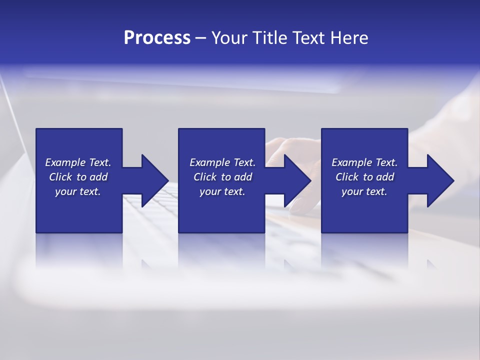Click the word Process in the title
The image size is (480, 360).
[157, 38]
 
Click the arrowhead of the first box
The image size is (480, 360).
[155, 180]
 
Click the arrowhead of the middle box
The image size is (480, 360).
[297, 180]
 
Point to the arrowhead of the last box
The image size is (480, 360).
[440, 180]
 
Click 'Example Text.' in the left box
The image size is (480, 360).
[78, 162]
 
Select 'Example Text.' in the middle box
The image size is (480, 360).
[222, 162]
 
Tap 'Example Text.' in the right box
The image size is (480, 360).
[364, 162]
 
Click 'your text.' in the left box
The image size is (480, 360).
[78, 191]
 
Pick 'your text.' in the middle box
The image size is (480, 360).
[222, 191]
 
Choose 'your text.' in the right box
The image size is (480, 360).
[364, 191]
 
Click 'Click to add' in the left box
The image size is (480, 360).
[78, 177]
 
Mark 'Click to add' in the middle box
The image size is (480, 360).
[222, 177]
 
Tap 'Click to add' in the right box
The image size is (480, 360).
[364, 177]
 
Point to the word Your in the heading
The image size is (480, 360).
[228, 38]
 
